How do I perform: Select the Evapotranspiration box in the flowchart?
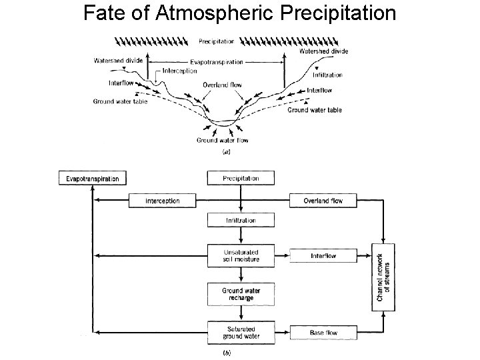pos(93,179)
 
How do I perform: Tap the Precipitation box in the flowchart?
pos(241,178)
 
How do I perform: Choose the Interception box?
pos(163,201)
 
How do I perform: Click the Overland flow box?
pos(323,201)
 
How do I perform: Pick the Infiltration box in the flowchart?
pos(241,220)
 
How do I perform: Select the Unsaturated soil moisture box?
pos(241,255)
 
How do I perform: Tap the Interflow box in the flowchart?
pos(323,256)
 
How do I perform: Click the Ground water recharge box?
pos(241,293)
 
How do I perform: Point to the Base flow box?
pos(323,332)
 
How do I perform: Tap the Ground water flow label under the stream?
pos(222,140)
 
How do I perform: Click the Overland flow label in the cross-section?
pos(222,85)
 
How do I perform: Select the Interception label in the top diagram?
pos(179,71)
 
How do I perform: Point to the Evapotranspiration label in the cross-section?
pos(217,62)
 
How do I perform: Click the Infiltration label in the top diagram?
pos(326,75)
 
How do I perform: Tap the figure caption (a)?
pos(226,153)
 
